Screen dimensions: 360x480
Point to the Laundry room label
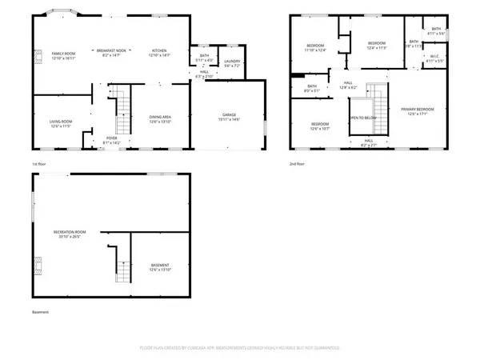(232, 61)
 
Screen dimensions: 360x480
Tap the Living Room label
(61, 122)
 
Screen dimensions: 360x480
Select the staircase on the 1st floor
(123, 112)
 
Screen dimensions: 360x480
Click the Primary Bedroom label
(418, 110)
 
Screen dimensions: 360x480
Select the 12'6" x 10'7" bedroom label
(320, 126)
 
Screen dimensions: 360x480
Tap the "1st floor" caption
(39, 164)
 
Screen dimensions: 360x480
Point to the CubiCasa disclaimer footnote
(240, 348)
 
